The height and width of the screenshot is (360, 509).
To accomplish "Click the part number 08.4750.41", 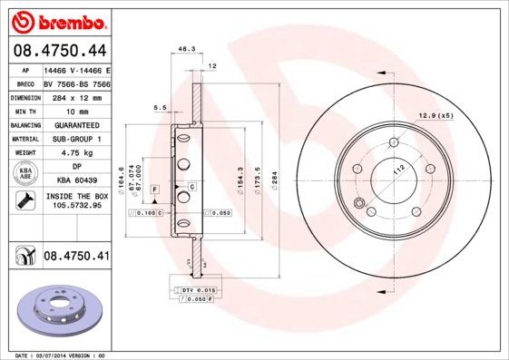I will pos(76,257).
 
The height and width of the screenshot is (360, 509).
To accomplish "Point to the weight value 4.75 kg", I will pos(76,153).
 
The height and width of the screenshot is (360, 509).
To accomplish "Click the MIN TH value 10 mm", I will pos(76,111).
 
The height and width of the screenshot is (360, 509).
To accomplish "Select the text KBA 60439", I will pos(76,180).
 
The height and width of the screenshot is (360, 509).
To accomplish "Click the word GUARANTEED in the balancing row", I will pos(76,125).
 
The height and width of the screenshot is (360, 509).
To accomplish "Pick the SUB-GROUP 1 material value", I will pos(76,139).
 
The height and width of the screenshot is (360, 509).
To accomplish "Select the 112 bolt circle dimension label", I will pos(396,170).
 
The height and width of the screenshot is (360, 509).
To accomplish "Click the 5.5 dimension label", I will pos(160,107).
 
